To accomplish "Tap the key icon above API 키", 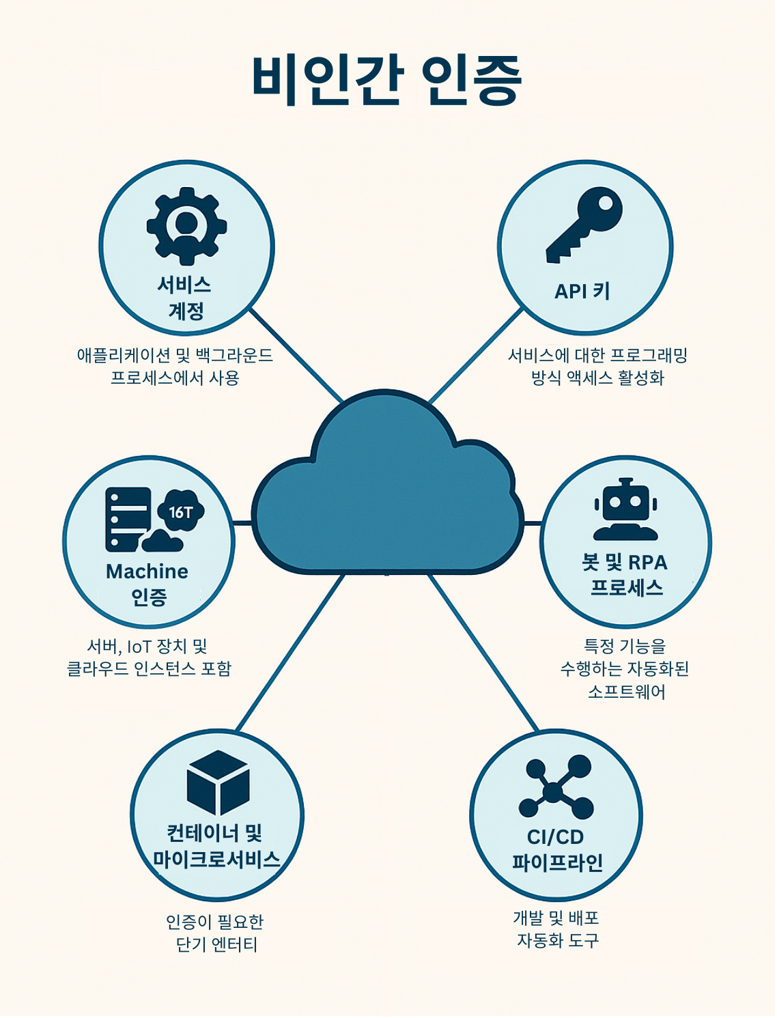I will tap(584, 225).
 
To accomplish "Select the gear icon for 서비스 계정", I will tap(186, 226).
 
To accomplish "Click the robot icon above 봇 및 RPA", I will tap(625, 509).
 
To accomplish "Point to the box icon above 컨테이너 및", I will tap(218, 782).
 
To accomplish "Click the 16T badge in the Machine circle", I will tap(181, 511).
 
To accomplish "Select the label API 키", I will tap(582, 292).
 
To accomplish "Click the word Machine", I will tap(147, 571).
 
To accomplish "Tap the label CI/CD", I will tap(555, 837).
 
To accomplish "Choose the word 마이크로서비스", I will tap(216, 860).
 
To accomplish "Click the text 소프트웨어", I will tap(626, 692).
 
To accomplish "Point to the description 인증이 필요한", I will tap(214, 922).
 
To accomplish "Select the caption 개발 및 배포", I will tap(556, 918).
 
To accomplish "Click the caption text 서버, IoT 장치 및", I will tap(147, 646).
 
